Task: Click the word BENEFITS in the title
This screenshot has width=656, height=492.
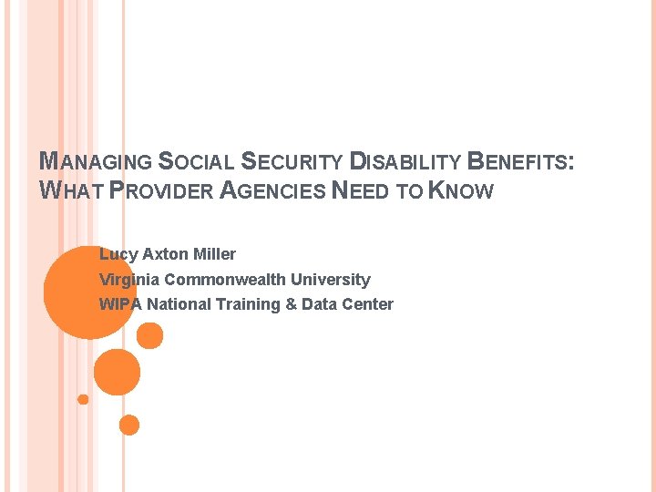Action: [519, 163]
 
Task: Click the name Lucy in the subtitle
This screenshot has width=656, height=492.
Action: [117, 254]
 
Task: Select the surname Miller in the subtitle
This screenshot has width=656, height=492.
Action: [214, 254]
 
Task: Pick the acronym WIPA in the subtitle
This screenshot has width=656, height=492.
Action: [120, 304]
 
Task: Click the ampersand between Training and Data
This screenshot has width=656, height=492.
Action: [292, 304]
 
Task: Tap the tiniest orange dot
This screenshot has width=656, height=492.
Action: [83, 399]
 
